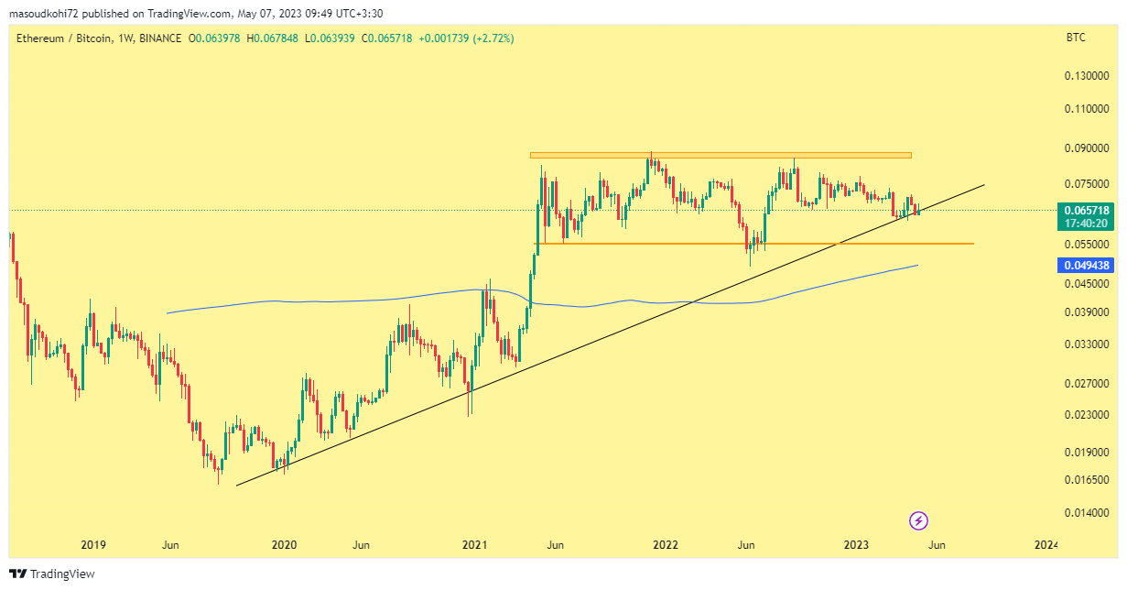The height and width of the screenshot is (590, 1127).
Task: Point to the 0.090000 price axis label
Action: pyautogui.click(x=1086, y=148)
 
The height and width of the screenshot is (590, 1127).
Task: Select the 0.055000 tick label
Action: pyautogui.click(x=1086, y=245)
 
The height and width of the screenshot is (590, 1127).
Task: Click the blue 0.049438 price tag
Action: pyautogui.click(x=1087, y=266)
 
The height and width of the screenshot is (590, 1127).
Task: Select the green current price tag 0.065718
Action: pyautogui.click(x=1087, y=210)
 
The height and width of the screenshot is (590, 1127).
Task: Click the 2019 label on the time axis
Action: pyautogui.click(x=93, y=545)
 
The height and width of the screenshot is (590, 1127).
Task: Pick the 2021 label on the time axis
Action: pyautogui.click(x=474, y=545)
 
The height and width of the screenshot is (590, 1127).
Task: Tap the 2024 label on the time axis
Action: pyautogui.click(x=1046, y=545)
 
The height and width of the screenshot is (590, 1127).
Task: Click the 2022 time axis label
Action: pyautogui.click(x=665, y=545)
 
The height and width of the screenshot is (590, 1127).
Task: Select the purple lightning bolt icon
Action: pyautogui.click(x=918, y=521)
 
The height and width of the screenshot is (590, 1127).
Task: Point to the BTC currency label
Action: pyautogui.click(x=1076, y=38)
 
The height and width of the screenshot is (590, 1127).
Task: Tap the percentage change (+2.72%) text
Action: pyautogui.click(x=493, y=38)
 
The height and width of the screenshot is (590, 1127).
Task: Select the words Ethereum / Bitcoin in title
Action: pyautogui.click(x=64, y=38)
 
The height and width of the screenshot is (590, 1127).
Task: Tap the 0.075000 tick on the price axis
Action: pyautogui.click(x=1086, y=184)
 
